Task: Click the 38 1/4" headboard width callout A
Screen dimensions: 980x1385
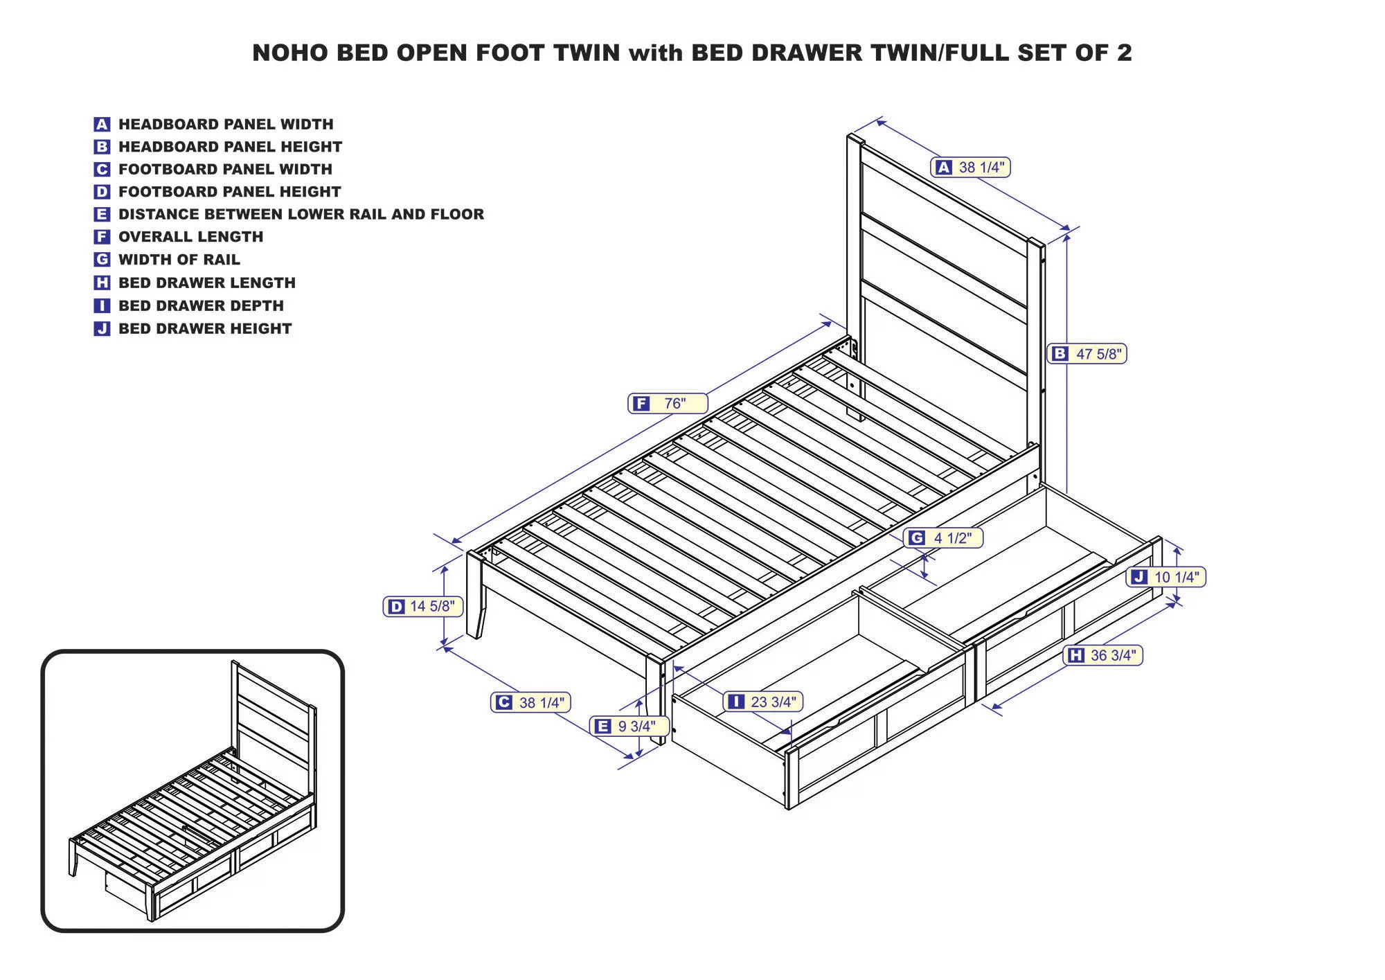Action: pos(971,167)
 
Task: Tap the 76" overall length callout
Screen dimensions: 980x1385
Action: pos(668,403)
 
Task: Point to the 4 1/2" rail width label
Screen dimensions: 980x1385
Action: pos(943,538)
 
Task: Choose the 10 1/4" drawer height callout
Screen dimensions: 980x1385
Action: pos(1168,577)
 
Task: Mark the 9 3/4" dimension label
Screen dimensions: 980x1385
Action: pos(631,726)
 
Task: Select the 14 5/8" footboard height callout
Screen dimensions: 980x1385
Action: pos(422,607)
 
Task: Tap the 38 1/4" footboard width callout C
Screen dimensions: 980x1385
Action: pos(532,702)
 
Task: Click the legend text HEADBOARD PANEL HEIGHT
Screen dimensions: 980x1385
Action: pos(230,147)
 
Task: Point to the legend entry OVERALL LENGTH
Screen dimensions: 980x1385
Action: pos(190,237)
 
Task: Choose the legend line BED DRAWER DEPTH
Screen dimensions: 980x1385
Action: pos(201,305)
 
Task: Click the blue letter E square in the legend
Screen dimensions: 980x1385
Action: pos(102,215)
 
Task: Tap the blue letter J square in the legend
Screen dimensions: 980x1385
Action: pos(102,328)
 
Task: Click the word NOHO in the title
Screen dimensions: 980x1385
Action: pos(289,53)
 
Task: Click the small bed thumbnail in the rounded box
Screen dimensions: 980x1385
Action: pos(193,791)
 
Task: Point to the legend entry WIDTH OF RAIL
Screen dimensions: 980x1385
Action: pos(179,260)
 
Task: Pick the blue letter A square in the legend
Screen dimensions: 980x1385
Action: pos(102,125)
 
